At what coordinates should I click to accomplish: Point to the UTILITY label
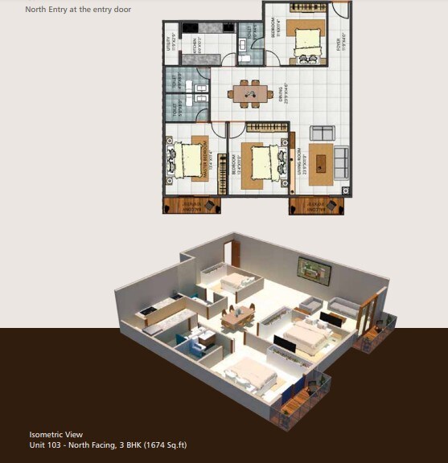[x=169, y=44]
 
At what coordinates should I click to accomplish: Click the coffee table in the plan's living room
[x=322, y=161]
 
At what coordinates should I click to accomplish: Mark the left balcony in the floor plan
[x=191, y=205]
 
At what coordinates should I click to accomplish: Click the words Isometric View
[x=55, y=435]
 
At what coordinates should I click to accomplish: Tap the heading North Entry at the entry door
[x=78, y=10]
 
